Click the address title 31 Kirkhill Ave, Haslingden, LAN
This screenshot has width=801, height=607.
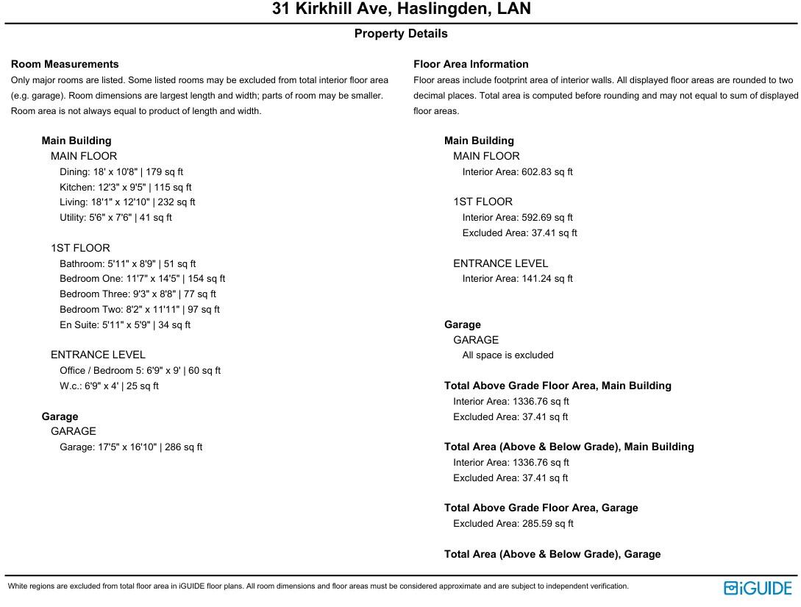pos(401,9)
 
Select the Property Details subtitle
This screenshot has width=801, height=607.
pos(401,34)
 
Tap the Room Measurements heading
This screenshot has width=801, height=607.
pos(65,64)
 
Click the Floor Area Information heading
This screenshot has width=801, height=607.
pos(471,64)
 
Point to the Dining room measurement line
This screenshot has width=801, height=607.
pos(121,172)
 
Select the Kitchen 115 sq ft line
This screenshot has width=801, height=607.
pos(126,188)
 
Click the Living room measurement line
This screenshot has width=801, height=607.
pos(127,202)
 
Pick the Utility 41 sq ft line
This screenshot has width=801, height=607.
pos(115,218)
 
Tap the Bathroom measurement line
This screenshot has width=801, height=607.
pos(128,263)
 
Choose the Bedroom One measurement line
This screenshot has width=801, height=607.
pos(143,279)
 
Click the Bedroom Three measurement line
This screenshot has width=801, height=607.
pos(138,294)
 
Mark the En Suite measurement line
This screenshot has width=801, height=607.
pos(125,324)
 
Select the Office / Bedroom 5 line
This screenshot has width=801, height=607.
pos(140,371)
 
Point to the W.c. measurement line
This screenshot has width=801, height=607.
pos(109,386)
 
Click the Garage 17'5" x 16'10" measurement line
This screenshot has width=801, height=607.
pos(131,447)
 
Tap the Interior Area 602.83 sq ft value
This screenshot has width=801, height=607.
pos(517,172)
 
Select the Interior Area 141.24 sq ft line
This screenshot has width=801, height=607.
pos(517,279)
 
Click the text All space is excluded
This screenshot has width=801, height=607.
pos(508,355)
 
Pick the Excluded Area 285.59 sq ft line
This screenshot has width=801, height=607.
pos(513,524)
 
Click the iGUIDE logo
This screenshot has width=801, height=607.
pos(758,588)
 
